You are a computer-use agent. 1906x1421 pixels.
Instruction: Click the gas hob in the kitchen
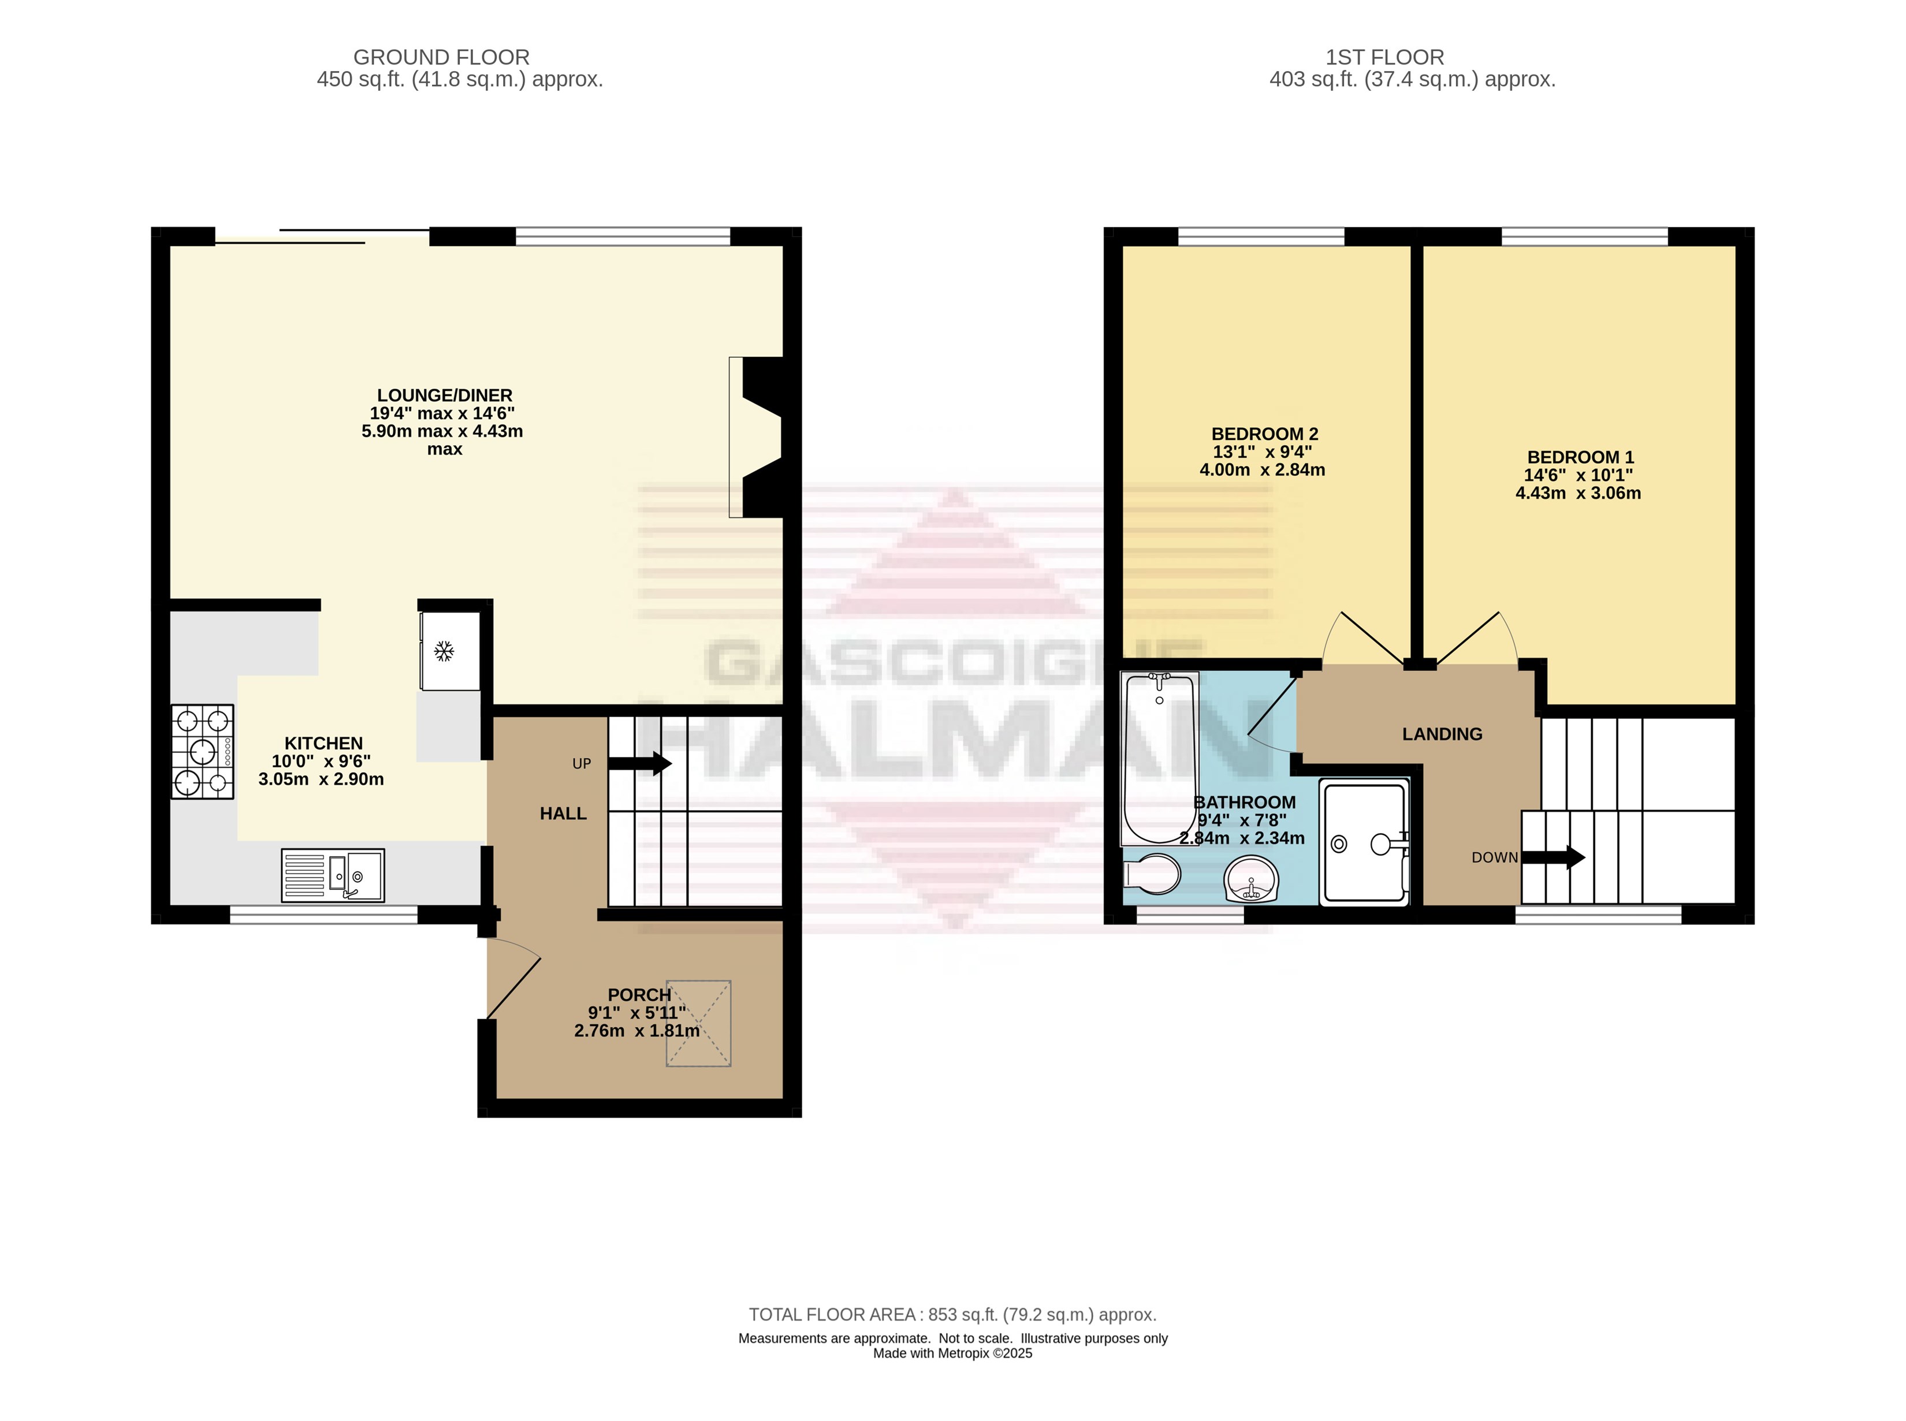(x=202, y=752)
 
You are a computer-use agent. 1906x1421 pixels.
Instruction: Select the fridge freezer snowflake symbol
(x=444, y=651)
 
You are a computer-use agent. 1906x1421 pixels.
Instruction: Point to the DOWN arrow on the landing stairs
(x=1553, y=857)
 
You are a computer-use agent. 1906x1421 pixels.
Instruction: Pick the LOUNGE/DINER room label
(x=445, y=396)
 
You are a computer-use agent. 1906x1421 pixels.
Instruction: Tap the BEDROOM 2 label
(x=1265, y=434)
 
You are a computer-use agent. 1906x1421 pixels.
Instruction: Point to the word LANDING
(x=1442, y=734)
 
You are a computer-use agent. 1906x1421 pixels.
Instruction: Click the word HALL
(x=564, y=814)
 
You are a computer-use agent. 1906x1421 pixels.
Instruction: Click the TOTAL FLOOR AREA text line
(x=952, y=1314)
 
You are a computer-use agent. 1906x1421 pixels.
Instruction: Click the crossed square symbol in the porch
(x=699, y=1024)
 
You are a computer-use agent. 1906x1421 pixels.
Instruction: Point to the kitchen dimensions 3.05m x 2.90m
(x=321, y=780)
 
